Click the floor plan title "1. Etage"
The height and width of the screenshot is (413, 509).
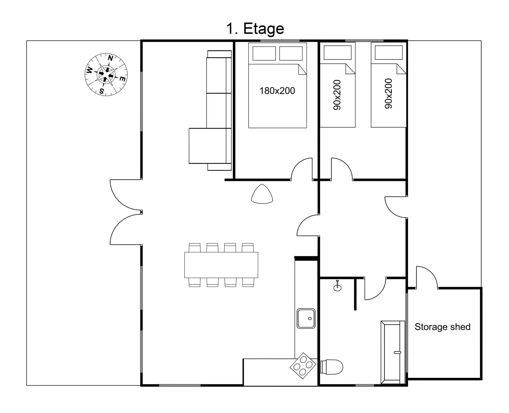pyautogui.click(x=255, y=29)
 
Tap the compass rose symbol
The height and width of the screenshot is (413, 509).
pyautogui.click(x=106, y=74)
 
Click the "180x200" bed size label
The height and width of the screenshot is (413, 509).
pyautogui.click(x=277, y=91)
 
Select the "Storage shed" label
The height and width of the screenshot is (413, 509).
pyautogui.click(x=442, y=327)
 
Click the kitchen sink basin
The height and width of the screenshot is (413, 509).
pyautogui.click(x=306, y=318)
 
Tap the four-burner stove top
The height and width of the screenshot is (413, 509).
pyautogui.click(x=303, y=366)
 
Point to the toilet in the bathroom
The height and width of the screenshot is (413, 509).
pyautogui.click(x=332, y=367)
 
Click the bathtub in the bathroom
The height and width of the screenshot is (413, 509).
pyautogui.click(x=393, y=352)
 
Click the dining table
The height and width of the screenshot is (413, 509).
pyautogui.click(x=221, y=265)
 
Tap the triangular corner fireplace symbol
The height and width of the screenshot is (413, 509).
pyautogui.click(x=262, y=194)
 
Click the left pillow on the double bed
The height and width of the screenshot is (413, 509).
pyautogui.click(x=264, y=53)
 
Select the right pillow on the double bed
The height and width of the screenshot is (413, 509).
pyautogui.click(x=291, y=53)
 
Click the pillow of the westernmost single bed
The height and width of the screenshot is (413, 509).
pyautogui.click(x=337, y=52)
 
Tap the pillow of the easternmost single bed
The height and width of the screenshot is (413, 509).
pyautogui.click(x=389, y=52)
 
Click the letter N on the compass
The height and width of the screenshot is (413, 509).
pyautogui.click(x=111, y=58)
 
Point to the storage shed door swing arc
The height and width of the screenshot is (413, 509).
pyautogui.click(x=430, y=272)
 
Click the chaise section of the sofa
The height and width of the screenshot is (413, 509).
pyautogui.click(x=210, y=146)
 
